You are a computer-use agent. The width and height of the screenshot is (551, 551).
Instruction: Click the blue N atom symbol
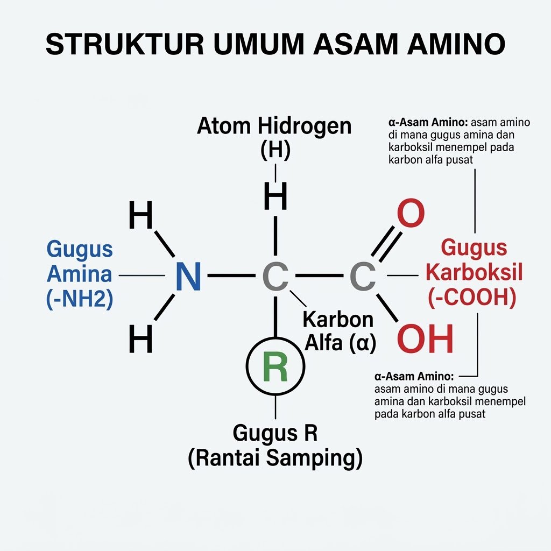point(188,276)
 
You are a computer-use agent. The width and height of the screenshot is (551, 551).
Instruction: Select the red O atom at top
point(411,213)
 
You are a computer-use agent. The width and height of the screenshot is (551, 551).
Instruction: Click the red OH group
point(425,338)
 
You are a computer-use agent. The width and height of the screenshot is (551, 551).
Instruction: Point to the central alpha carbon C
point(275,276)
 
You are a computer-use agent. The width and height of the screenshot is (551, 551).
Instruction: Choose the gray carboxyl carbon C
point(363,276)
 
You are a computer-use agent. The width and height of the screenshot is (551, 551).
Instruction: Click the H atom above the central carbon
point(275,196)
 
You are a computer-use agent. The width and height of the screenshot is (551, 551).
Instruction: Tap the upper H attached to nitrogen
point(141,214)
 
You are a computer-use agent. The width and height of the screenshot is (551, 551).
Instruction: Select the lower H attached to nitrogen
point(141,338)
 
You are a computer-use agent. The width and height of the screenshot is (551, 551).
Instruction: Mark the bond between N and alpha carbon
point(231,276)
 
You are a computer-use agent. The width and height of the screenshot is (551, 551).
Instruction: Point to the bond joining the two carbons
point(320,276)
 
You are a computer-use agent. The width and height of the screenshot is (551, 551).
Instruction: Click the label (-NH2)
point(80,299)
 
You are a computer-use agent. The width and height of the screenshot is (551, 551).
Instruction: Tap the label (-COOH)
point(472,298)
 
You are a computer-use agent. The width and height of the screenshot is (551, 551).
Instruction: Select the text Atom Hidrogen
point(274,126)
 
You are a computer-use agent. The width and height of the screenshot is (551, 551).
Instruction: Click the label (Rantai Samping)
point(275,458)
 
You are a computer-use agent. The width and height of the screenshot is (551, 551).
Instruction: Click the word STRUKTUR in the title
point(125,44)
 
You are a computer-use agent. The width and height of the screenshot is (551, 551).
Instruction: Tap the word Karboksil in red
point(475,272)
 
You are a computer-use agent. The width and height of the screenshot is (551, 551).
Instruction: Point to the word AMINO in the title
point(456,44)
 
